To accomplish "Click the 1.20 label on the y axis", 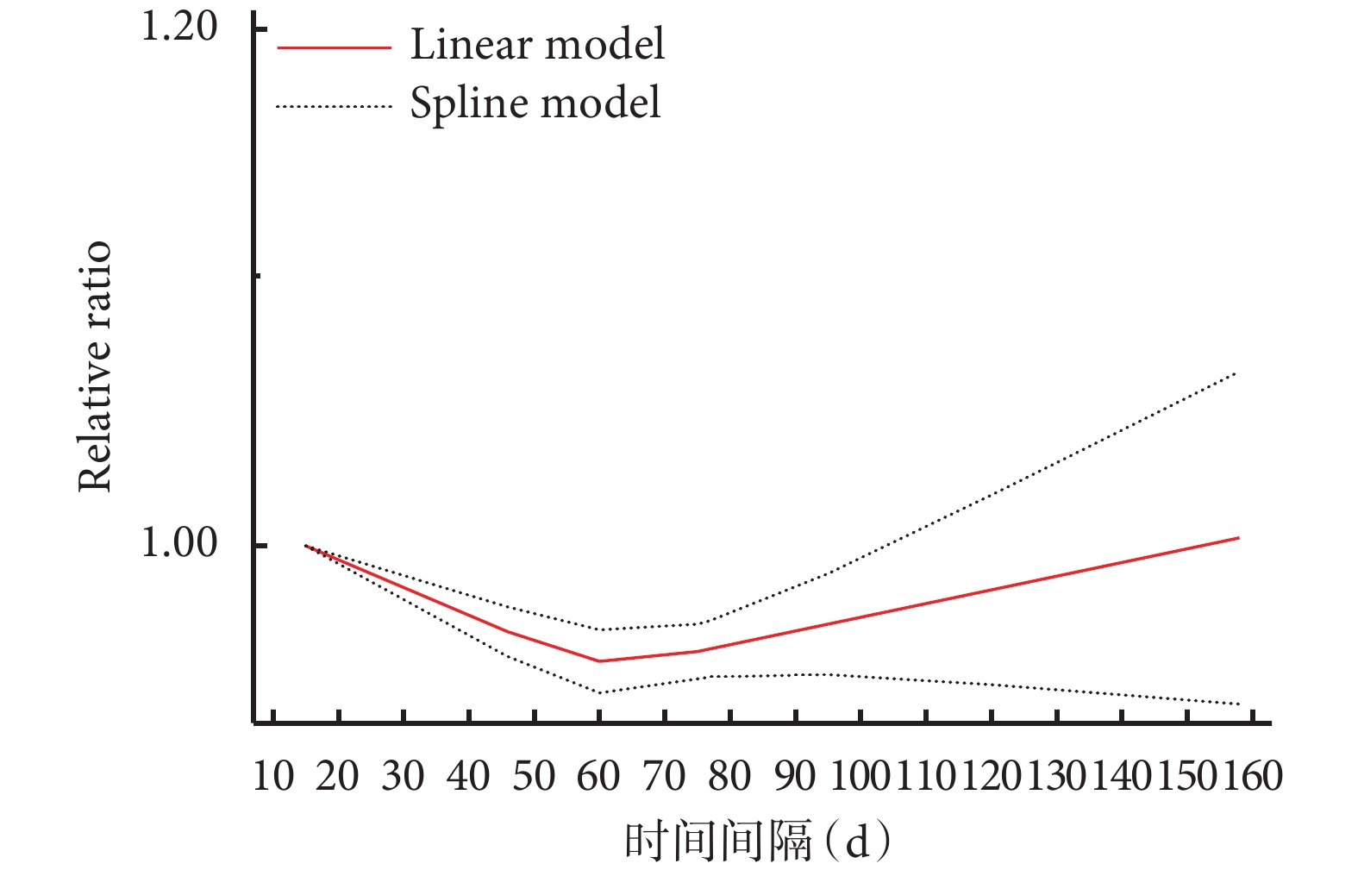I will click(x=179, y=28).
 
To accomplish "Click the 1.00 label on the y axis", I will click(x=179, y=544).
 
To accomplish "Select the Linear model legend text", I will click(x=537, y=45).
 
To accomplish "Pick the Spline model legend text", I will click(x=535, y=103).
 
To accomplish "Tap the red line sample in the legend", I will click(x=334, y=48).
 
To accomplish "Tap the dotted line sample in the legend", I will click(x=334, y=107).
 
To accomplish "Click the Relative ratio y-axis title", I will click(x=95, y=367).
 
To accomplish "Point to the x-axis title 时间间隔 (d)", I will click(x=757, y=842).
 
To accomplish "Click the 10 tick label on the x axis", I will click(x=273, y=776).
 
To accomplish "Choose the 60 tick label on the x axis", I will click(x=598, y=776).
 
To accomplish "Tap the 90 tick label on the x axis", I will click(x=794, y=776).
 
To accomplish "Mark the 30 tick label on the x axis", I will click(x=404, y=776).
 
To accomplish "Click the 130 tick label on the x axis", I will click(x=1056, y=776).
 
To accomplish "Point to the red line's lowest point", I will click(x=599, y=661).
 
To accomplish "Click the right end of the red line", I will click(x=1239, y=538).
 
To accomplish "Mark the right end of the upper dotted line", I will click(x=1236, y=372).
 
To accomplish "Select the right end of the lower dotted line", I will click(x=1239, y=704).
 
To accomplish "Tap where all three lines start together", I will click(x=305, y=545).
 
